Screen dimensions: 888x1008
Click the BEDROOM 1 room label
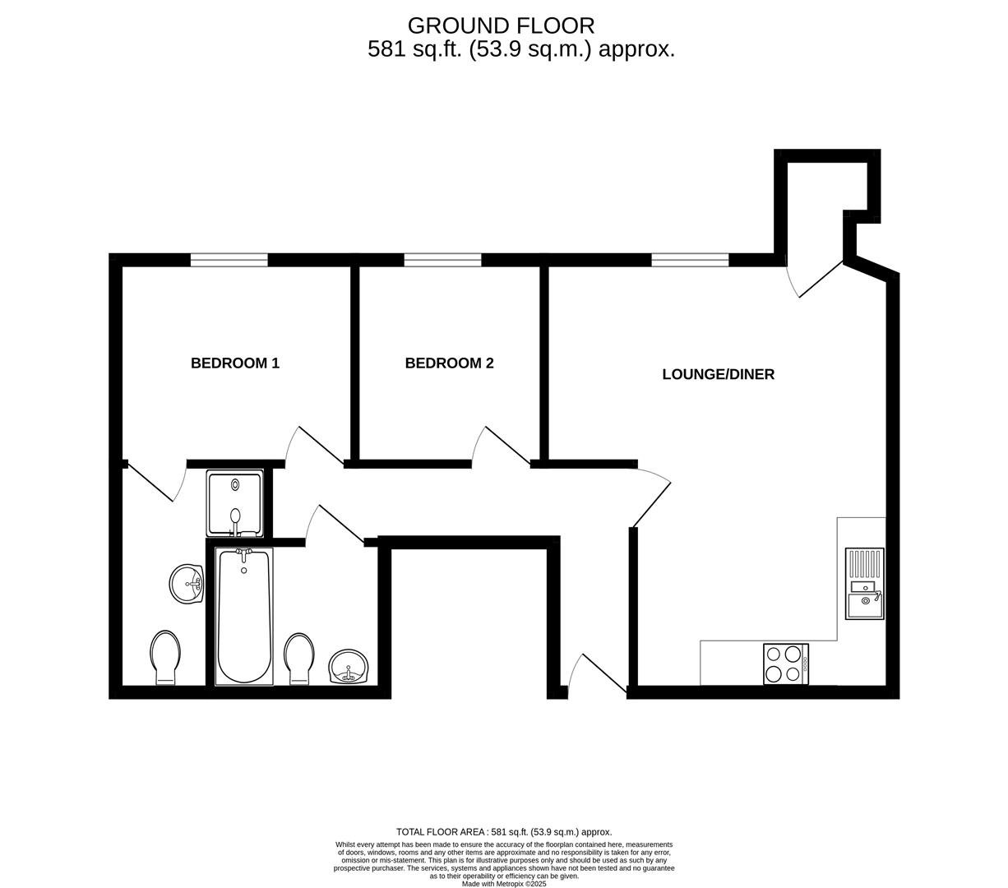(x=235, y=363)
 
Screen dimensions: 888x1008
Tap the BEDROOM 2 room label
(x=449, y=363)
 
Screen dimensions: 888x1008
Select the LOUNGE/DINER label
(x=718, y=374)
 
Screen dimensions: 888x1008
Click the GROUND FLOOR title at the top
(x=501, y=25)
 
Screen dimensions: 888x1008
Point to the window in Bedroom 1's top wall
(x=229, y=260)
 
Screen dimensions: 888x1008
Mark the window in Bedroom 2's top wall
(x=442, y=260)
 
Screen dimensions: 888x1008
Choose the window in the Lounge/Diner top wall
(x=690, y=260)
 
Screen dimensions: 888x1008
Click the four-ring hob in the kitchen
(x=786, y=664)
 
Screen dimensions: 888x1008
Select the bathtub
(x=243, y=617)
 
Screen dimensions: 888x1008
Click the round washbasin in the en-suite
(x=187, y=584)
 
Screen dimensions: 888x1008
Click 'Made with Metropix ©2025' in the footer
(x=503, y=884)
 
